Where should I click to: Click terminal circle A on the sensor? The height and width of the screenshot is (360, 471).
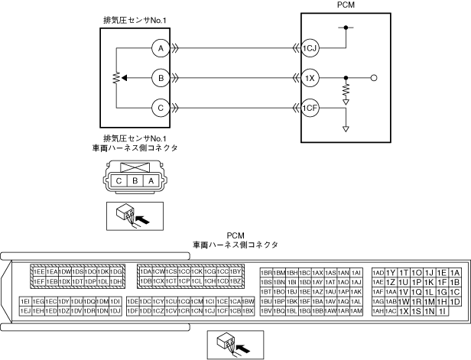click(160, 48)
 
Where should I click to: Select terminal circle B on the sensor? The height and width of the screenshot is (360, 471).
click(160, 78)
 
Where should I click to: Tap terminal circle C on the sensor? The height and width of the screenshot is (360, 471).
click(160, 108)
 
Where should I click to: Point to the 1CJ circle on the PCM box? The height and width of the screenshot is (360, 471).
click(309, 48)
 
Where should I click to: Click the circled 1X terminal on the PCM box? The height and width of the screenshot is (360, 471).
click(309, 78)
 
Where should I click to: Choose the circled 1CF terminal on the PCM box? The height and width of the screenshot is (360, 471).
click(309, 108)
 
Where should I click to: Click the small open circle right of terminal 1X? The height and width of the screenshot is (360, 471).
click(373, 78)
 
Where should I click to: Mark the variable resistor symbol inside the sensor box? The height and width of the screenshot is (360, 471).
click(116, 78)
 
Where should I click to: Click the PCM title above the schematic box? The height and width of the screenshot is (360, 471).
click(346, 5)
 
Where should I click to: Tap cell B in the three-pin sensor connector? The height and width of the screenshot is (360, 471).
click(135, 181)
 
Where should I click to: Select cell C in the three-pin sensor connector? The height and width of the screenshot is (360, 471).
click(119, 181)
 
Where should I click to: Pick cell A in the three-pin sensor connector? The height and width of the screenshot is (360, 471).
click(151, 181)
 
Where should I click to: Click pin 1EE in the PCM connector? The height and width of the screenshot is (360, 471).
click(37, 272)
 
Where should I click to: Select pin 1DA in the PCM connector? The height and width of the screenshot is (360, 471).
click(145, 272)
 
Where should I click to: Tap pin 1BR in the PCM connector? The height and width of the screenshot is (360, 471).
click(267, 272)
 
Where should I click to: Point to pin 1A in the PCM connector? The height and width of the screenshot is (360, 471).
click(454, 273)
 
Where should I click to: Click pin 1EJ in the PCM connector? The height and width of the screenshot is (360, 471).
click(25, 311)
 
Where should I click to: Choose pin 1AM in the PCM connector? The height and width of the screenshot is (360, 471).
click(356, 311)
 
